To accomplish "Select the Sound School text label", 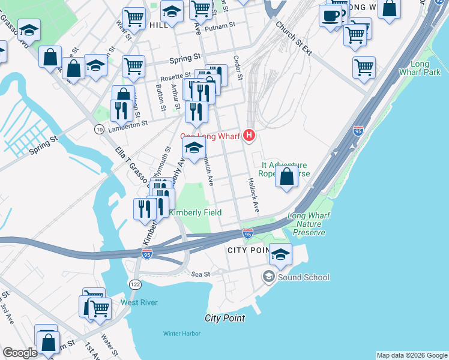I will tap(304, 277).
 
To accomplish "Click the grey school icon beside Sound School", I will tap(269, 277).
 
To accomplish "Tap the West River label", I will tap(139, 302).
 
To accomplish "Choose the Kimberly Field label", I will tap(195, 212).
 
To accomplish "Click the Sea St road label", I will tap(200, 274).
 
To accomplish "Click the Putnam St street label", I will tap(217, 28).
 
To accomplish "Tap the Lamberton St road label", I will tap(127, 124).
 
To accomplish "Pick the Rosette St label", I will tap(174, 77).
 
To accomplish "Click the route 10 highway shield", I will tap(98, 128).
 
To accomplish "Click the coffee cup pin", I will tap(330, 15).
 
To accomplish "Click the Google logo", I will tap(20, 353).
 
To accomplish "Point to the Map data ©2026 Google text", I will tap(411, 355).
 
